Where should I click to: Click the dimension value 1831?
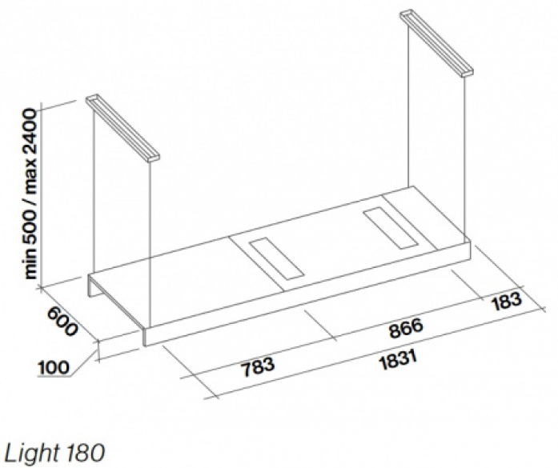[x=398, y=360]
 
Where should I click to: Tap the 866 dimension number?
[x=406, y=328]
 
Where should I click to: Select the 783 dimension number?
[x=258, y=366]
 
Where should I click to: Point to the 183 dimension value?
[x=506, y=302]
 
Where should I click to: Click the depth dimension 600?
[x=62, y=321]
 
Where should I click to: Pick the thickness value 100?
[x=53, y=367]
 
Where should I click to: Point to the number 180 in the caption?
[x=85, y=453]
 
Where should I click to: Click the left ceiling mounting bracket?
[x=122, y=129]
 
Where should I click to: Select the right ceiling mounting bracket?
[x=436, y=43]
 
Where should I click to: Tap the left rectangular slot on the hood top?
[x=276, y=258]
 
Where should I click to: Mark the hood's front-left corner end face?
[x=144, y=337]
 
